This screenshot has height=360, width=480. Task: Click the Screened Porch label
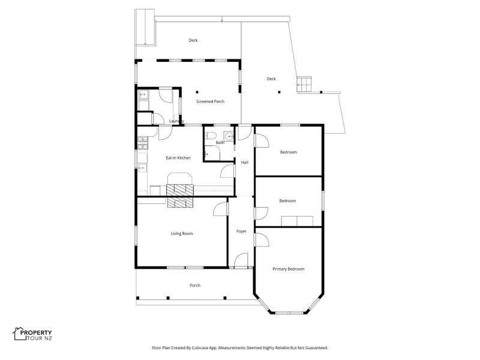[x=210, y=101]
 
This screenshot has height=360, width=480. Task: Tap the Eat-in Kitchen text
[x=178, y=158]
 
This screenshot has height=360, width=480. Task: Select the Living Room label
[x=182, y=233]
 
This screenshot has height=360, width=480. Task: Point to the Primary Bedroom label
[x=289, y=269]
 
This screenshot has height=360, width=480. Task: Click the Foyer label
[x=241, y=231]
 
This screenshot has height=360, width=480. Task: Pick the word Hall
[x=245, y=163]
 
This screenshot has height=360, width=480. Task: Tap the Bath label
[x=220, y=143]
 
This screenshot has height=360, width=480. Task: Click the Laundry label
[x=176, y=121]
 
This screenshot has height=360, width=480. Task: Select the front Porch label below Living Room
[x=195, y=285]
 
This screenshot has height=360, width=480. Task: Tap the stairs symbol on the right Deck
[x=305, y=83]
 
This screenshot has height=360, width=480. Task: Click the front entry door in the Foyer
[x=240, y=260]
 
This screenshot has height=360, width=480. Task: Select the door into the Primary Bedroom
[x=262, y=239]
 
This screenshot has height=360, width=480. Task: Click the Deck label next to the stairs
[x=271, y=79]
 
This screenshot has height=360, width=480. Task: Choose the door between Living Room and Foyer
[x=221, y=208]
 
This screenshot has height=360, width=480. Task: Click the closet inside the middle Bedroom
[x=298, y=221]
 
